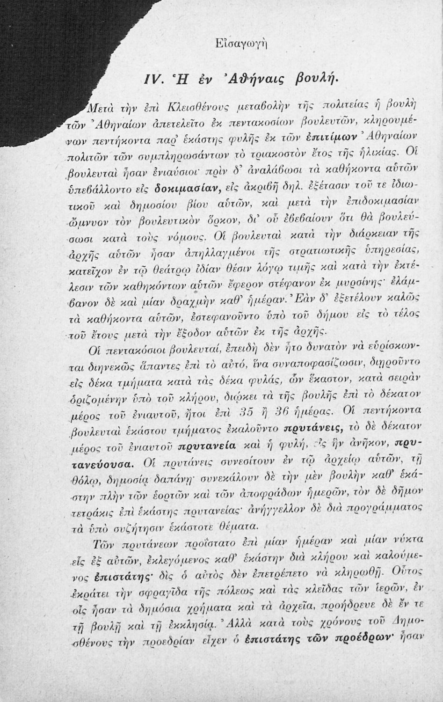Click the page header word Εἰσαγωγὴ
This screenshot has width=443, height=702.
pos(248,44)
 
